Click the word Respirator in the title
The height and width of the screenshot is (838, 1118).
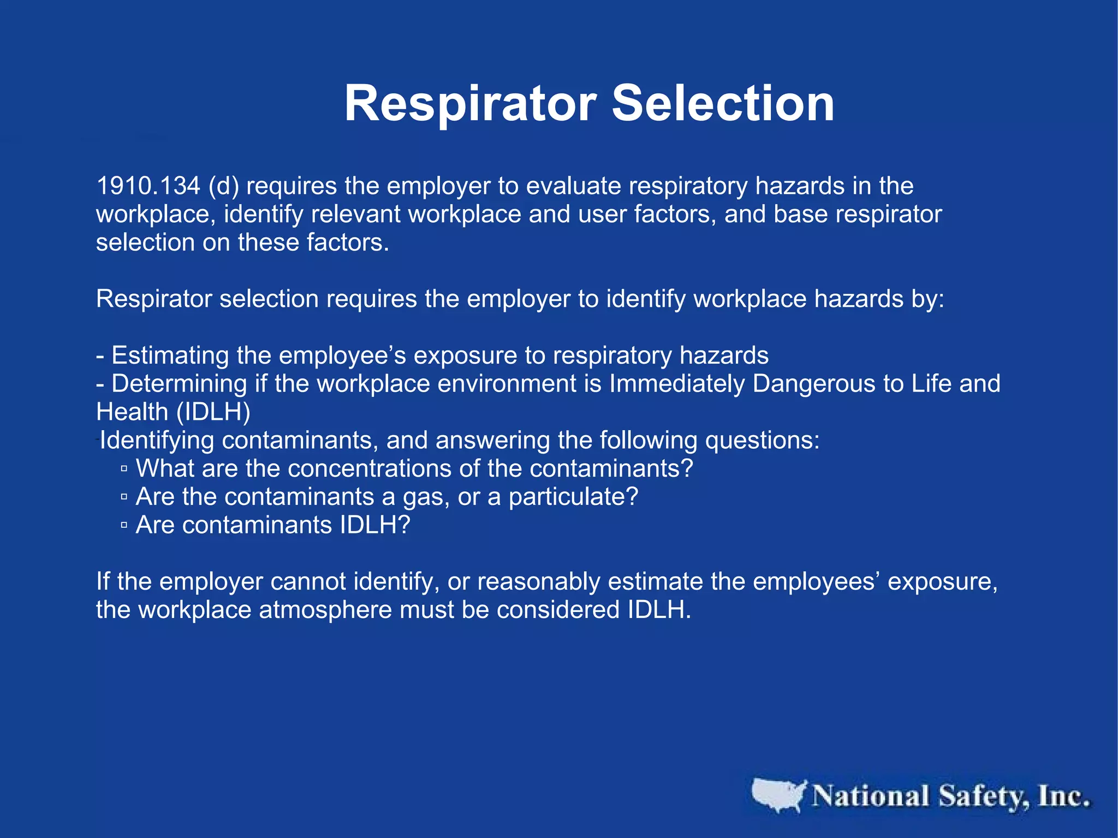click(470, 104)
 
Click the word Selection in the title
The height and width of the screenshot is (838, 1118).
click(723, 104)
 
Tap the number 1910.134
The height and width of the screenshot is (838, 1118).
click(148, 186)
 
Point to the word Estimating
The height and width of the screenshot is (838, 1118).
click(170, 356)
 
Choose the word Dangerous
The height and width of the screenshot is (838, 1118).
click(813, 383)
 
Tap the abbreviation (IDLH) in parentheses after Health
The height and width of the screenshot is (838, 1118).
click(213, 412)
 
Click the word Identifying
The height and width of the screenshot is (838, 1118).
click(157, 440)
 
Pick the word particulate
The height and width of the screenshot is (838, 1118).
click(573, 497)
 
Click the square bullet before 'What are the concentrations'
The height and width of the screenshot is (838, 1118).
click(124, 469)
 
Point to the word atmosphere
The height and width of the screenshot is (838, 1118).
click(325, 610)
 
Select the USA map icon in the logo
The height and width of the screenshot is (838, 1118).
click(778, 795)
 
